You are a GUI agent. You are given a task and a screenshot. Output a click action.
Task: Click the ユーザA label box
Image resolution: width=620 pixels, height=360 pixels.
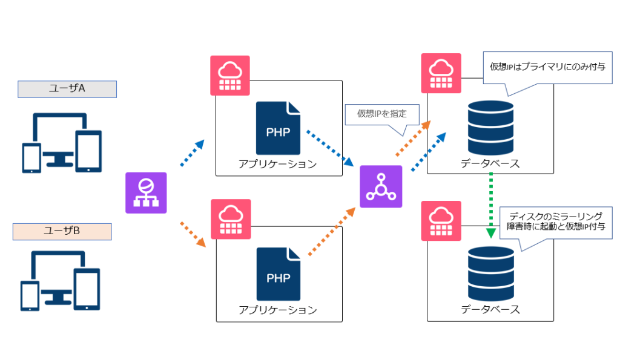(67, 89)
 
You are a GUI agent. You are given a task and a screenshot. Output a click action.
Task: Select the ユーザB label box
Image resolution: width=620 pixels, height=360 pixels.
(62, 232)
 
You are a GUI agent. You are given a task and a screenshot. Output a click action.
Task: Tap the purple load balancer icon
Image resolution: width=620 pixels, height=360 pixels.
(146, 193)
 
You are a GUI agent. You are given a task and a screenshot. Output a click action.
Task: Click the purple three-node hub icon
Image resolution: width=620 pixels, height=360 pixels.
(381, 186)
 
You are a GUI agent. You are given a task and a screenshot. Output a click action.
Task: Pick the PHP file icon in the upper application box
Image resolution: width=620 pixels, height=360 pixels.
(278, 128)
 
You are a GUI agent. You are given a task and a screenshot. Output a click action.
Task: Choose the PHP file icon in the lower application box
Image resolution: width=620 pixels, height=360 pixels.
(279, 274)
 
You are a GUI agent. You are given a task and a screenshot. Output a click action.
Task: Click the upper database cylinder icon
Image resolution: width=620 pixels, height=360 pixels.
(490, 127)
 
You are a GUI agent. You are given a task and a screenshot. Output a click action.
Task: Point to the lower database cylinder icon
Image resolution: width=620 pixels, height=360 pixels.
(490, 274)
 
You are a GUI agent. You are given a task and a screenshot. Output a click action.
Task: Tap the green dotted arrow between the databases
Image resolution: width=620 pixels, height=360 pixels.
(490, 206)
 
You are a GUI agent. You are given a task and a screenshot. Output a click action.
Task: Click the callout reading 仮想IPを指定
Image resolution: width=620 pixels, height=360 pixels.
(382, 114)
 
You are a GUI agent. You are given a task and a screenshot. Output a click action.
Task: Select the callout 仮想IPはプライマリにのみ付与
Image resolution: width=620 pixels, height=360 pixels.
(547, 68)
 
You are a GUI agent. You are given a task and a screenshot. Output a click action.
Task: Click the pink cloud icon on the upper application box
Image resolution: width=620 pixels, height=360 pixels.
(229, 76)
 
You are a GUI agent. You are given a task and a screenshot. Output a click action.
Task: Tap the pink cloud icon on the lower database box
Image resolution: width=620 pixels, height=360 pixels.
(441, 221)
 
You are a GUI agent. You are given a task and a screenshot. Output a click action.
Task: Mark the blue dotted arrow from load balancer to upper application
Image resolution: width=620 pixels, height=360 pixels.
(193, 152)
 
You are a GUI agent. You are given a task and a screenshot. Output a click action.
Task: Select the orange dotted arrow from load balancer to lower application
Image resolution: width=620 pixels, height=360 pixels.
(193, 235)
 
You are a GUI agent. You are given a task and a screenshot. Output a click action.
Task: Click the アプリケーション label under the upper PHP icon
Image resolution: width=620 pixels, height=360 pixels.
(277, 164)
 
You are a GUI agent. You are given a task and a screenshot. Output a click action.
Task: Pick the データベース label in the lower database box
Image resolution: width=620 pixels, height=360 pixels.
(490, 309)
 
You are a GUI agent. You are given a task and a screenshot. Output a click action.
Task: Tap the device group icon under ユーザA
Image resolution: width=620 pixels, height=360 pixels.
(62, 143)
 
